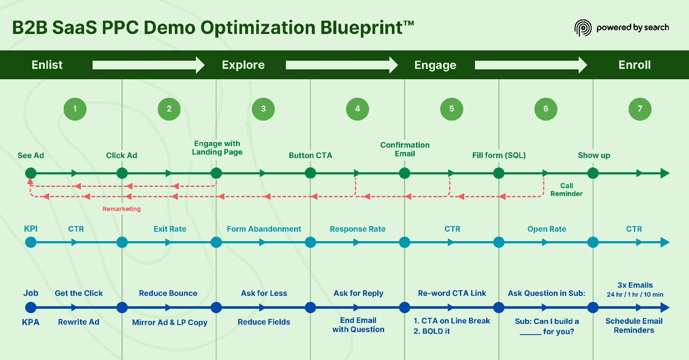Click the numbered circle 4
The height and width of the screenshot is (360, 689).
pyautogui.click(x=357, y=109)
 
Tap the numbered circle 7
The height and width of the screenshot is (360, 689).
pyautogui.click(x=640, y=109)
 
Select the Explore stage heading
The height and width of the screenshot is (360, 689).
pyautogui.click(x=243, y=65)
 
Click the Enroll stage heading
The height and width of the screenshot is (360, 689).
pyautogui.click(x=635, y=65)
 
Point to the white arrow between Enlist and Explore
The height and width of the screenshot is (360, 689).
pyautogui.click(x=149, y=65)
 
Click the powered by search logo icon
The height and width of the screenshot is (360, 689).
pyautogui.click(x=583, y=28)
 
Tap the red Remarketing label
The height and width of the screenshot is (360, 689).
pyautogui.click(x=121, y=209)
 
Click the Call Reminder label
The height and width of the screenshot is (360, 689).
pyautogui.click(x=566, y=189)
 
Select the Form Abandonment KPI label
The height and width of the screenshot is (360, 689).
pyautogui.click(x=264, y=229)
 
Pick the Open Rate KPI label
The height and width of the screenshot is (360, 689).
pyautogui.click(x=546, y=229)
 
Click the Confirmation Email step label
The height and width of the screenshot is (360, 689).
pyautogui.click(x=405, y=149)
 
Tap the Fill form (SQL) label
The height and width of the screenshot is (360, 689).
pyautogui.click(x=499, y=155)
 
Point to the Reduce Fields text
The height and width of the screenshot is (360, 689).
pyautogui.click(x=264, y=322)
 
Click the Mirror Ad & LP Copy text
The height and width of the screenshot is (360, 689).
pyautogui.click(x=170, y=322)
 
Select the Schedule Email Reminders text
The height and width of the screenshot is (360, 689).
pyautogui.click(x=634, y=326)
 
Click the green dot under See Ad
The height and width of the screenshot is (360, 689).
pyautogui.click(x=31, y=173)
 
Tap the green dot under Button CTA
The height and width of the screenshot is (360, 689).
pyautogui.click(x=310, y=173)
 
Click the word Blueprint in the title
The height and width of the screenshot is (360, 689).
pyautogui.click(x=361, y=28)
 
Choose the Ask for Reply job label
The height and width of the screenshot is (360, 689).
pyautogui.click(x=358, y=293)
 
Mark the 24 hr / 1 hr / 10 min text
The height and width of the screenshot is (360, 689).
pyautogui.click(x=635, y=295)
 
